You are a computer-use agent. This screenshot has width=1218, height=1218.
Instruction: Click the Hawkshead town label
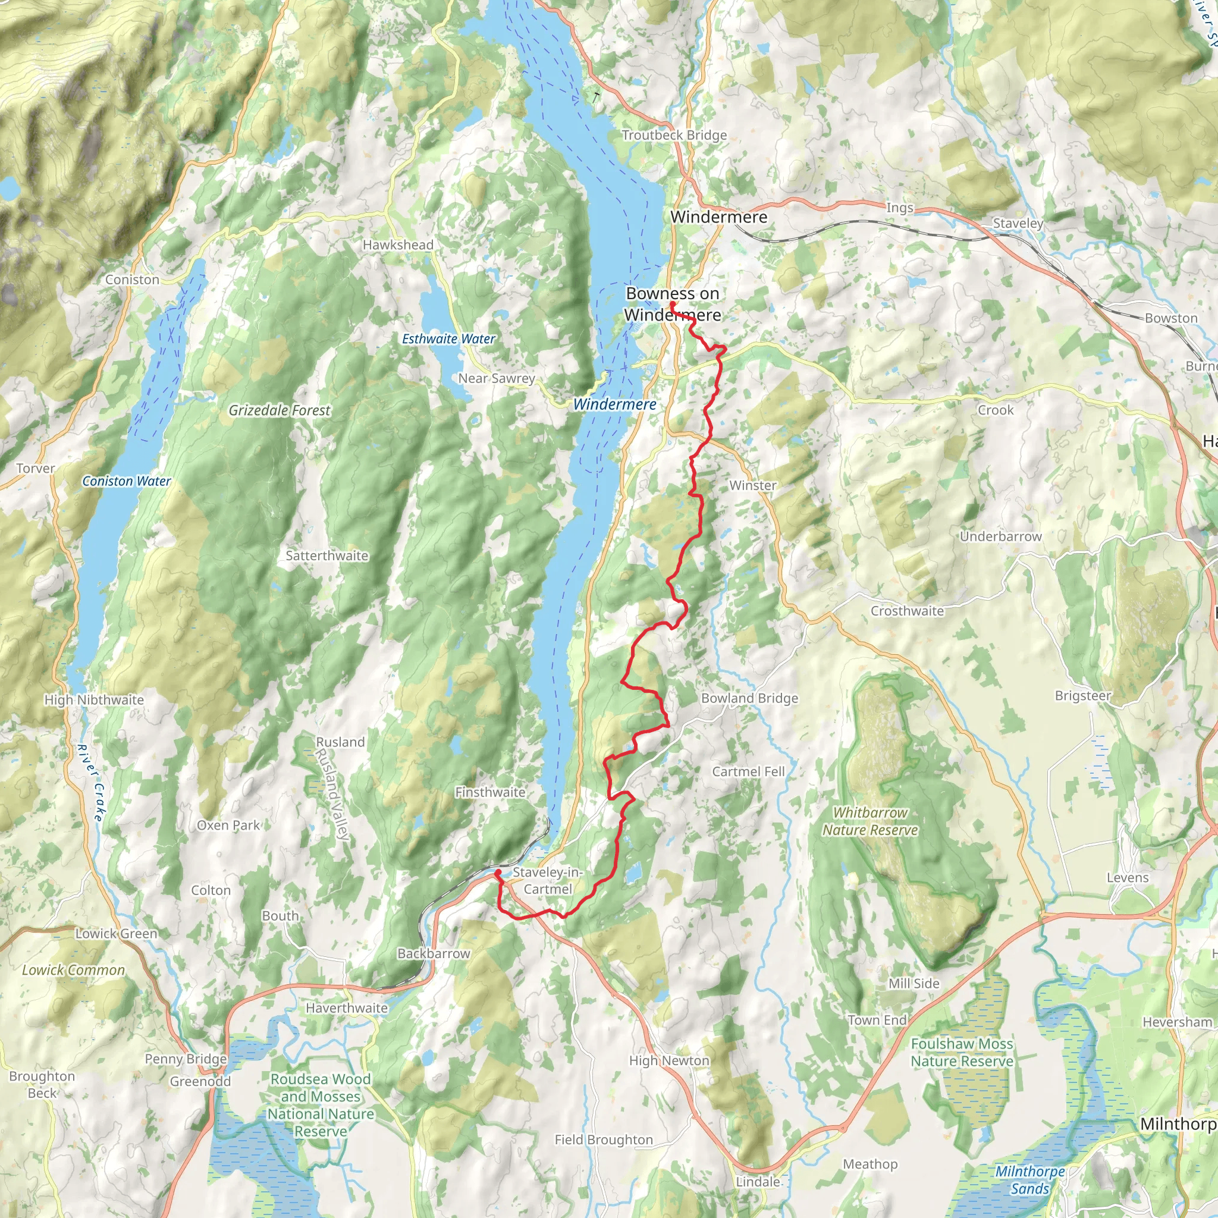click(398, 244)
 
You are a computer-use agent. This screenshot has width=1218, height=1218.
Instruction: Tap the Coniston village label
click(133, 280)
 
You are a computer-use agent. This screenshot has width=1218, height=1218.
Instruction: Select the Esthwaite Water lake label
click(449, 338)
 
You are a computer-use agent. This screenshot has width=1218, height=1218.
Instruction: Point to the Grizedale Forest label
click(280, 410)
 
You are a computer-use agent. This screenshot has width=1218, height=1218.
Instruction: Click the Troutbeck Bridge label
click(674, 135)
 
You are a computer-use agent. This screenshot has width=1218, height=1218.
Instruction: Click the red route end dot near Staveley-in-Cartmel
click(498, 872)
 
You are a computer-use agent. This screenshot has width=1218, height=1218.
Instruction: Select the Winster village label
click(753, 485)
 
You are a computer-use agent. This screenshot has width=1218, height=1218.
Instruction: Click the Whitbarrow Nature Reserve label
click(870, 821)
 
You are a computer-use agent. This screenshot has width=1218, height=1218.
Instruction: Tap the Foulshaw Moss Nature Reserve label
click(962, 1053)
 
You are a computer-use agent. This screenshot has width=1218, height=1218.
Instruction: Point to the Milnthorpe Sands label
click(1030, 1180)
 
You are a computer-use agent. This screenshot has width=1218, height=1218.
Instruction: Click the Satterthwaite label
click(327, 555)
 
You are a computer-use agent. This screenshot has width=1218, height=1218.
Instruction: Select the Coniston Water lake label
click(127, 481)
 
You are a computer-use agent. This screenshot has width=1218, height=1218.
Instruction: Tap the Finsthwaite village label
click(490, 792)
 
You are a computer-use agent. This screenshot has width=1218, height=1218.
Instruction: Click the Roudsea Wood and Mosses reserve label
click(321, 1105)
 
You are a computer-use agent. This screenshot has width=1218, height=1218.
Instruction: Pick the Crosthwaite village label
click(907, 611)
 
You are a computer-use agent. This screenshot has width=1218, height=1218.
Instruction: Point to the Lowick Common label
click(74, 970)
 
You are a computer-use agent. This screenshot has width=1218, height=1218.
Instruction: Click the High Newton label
click(670, 1061)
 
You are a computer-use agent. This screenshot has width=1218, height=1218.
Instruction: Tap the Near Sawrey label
click(497, 378)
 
